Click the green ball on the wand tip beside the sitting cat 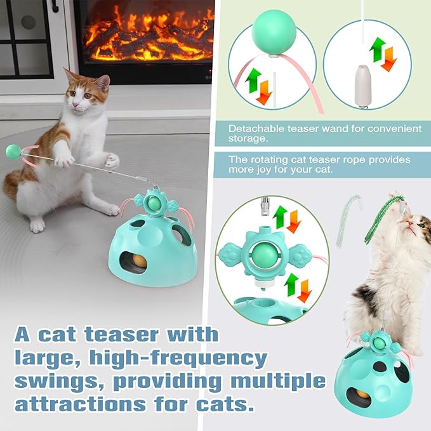pyautogui.click(x=12, y=152)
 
